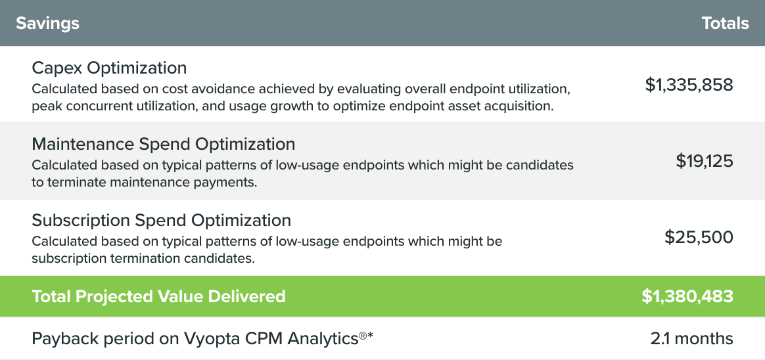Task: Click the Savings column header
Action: click(47, 23)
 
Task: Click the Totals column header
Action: click(725, 23)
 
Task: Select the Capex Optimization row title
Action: click(109, 68)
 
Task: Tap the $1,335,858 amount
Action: click(689, 85)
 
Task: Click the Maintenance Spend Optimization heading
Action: click(164, 144)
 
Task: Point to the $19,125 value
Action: click(705, 161)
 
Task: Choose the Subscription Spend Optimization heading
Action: click(162, 220)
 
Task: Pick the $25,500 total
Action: click(699, 237)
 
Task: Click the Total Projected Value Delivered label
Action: click(158, 296)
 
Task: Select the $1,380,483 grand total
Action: click(687, 296)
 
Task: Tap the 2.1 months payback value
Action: click(692, 338)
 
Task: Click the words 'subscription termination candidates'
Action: click(143, 259)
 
